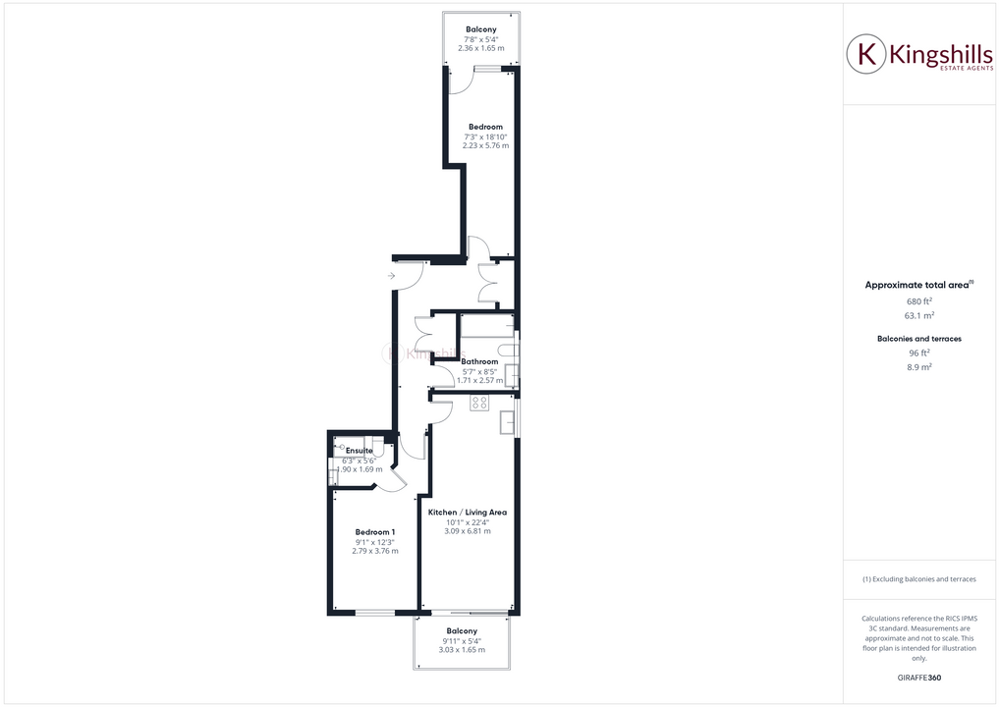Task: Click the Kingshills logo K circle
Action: point(866,55)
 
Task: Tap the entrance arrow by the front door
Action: point(392,276)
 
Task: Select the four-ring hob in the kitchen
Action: point(479,402)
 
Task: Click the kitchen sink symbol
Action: point(506,422)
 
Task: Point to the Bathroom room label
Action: point(480,361)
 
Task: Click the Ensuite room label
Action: point(360,450)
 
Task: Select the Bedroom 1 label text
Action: point(375,532)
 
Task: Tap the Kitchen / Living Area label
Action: point(468,513)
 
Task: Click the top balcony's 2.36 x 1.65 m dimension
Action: point(480,48)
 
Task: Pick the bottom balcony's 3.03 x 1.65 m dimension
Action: point(462,649)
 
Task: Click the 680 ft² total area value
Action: point(918,300)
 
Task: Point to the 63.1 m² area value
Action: point(918,315)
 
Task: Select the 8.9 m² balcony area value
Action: point(918,366)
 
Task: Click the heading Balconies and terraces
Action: point(918,338)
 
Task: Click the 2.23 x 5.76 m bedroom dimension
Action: point(485,145)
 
